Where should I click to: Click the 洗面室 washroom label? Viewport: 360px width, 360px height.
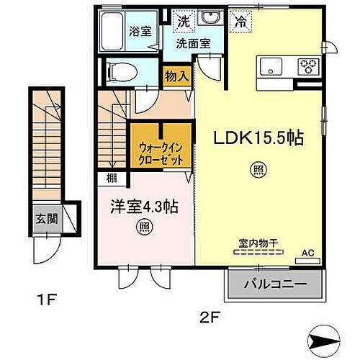pos(194,42)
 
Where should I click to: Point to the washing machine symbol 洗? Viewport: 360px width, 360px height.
pos(185,21)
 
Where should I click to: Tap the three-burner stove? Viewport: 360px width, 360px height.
pos(307,68)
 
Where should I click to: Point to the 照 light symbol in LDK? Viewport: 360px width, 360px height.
pos(256,170)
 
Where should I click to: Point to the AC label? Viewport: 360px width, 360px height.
pos(308,252)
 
